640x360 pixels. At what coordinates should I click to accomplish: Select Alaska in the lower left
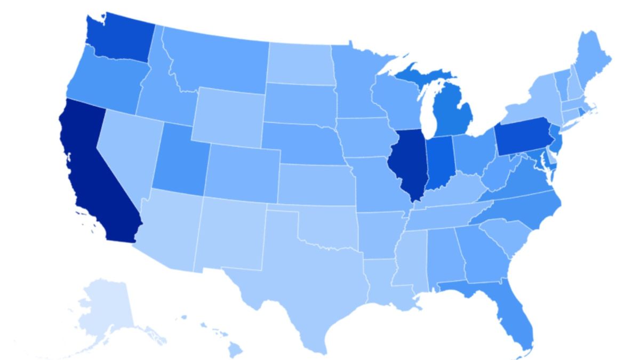(x=104, y=309)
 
